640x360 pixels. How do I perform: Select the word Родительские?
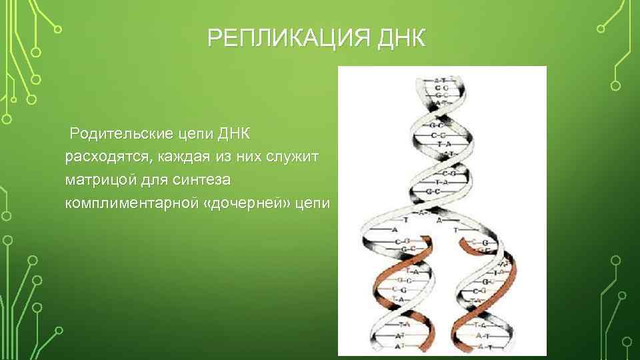click(x=119, y=133)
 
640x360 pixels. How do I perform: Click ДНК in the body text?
click(x=233, y=133)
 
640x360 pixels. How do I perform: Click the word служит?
click(x=293, y=157)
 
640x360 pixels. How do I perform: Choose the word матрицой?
click(x=98, y=180)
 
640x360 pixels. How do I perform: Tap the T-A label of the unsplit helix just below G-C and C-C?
click(x=439, y=144)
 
